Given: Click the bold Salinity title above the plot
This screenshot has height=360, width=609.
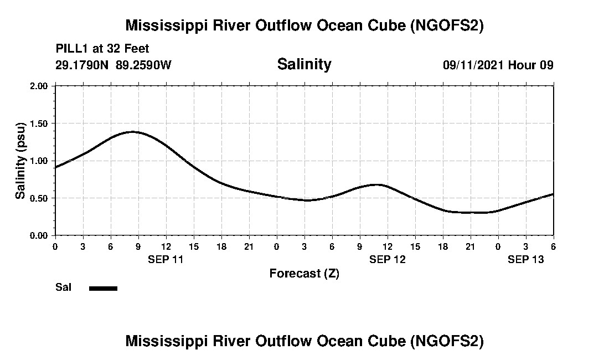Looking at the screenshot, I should [x=304, y=64].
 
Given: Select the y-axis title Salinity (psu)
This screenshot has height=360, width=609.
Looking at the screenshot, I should [x=20, y=161].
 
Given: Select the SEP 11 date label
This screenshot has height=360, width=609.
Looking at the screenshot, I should [x=166, y=259].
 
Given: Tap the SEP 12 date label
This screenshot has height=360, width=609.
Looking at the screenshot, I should [x=388, y=259].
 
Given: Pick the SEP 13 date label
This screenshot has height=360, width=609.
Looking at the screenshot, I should [x=526, y=259].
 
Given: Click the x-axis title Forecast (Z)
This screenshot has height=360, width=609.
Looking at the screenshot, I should [x=304, y=274].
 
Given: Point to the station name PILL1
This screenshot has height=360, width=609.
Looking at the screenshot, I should [x=73, y=49].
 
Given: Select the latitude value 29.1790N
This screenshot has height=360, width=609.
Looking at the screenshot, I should [x=83, y=65].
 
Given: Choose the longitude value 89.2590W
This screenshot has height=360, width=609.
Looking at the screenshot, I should [x=144, y=65].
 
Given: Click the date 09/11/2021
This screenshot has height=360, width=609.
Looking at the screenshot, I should [x=473, y=65].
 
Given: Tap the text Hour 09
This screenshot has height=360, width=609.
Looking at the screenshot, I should [x=531, y=65].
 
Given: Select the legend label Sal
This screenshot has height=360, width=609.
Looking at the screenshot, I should [x=63, y=287].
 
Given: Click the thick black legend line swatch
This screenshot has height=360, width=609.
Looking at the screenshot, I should [x=103, y=288].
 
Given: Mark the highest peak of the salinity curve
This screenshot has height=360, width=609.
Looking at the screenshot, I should [x=133, y=132].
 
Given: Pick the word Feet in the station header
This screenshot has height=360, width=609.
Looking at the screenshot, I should [x=138, y=49].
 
